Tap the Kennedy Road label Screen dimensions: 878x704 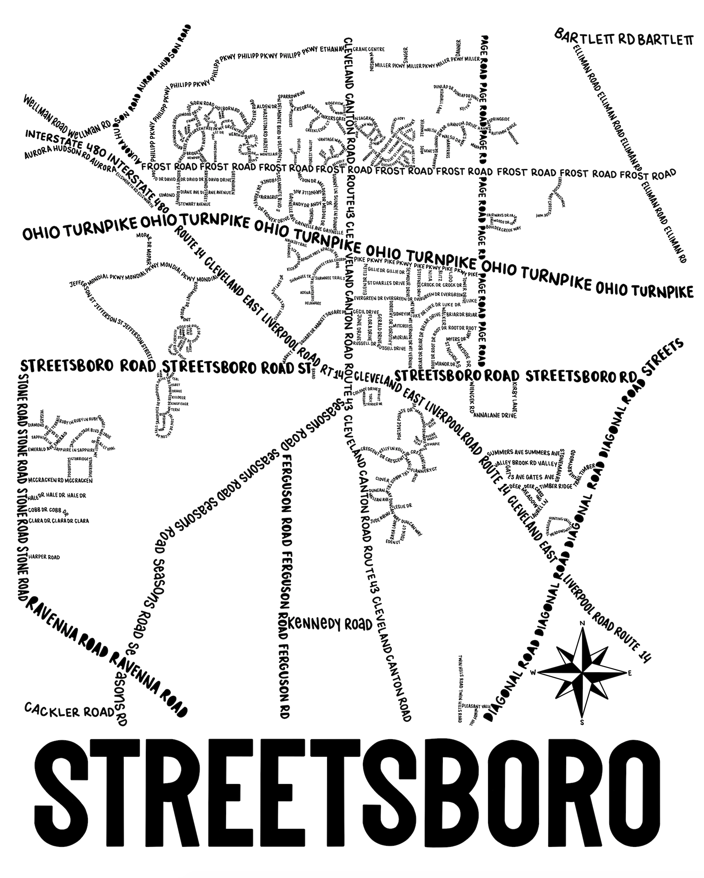(330, 624)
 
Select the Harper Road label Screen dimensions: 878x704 (44, 557)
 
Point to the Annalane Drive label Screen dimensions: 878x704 (495, 415)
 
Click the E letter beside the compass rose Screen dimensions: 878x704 (630, 673)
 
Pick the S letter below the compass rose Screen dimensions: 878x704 (582, 723)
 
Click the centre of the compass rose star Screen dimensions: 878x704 (582, 673)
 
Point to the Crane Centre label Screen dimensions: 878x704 (369, 49)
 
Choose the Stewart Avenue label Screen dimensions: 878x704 (194, 204)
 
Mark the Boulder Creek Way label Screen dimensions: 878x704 (506, 229)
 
